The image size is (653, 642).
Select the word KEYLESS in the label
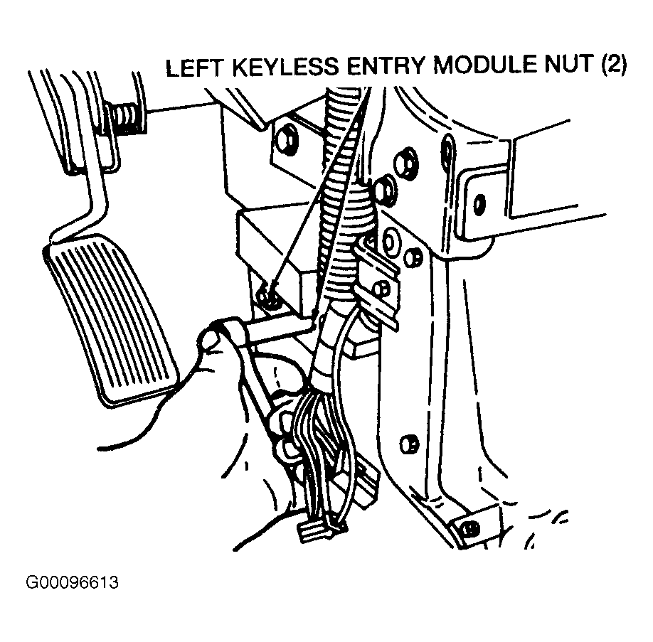(286, 67)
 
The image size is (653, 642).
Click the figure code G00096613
(72, 582)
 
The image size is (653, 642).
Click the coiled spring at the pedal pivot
(125, 119)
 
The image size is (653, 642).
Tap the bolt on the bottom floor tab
(471, 529)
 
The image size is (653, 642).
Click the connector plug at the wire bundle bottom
(317, 532)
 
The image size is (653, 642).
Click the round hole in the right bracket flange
(479, 203)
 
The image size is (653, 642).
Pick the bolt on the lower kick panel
(408, 444)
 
